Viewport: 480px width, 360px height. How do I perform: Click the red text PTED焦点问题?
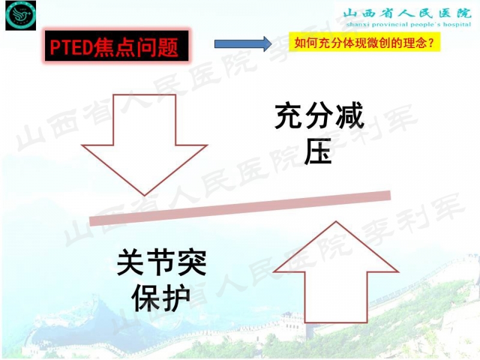115,47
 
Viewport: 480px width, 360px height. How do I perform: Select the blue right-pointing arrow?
243,44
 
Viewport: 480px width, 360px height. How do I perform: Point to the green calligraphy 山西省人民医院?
404,12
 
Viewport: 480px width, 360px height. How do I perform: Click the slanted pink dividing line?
240,207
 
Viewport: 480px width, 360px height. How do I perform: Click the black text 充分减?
320,116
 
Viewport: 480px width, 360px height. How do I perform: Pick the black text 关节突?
161,263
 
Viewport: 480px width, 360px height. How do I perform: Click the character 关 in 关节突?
131,263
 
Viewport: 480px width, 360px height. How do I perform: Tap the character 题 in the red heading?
169,47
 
